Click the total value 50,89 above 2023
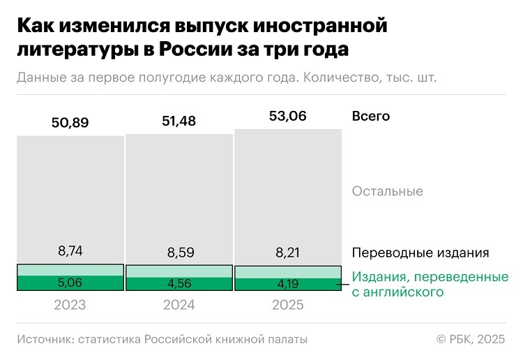click(70, 123)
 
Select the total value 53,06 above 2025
click(287, 116)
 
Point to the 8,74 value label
click(70, 251)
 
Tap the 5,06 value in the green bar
click(70, 283)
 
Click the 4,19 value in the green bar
click(287, 285)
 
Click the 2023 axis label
click(70, 305)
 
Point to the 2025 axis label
click(287, 305)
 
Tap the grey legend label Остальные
click(388, 191)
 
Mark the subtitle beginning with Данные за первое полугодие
click(227, 77)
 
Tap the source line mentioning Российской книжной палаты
click(162, 339)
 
